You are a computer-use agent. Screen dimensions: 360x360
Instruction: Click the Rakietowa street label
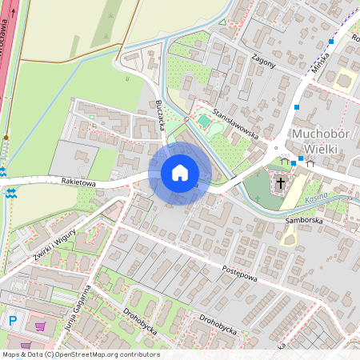(x=78, y=183)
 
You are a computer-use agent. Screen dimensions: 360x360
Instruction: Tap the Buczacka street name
(x=160, y=116)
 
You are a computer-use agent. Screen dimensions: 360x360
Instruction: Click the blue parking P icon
(x=12, y=321)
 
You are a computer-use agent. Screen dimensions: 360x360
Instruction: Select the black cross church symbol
(x=280, y=183)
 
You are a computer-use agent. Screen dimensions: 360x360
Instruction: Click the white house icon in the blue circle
(x=179, y=172)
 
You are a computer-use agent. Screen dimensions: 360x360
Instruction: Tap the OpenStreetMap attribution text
(x=80, y=354)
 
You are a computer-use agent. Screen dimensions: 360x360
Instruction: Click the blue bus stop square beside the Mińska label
(x=331, y=41)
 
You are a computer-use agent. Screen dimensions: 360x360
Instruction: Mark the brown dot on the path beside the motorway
(x=6, y=138)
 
